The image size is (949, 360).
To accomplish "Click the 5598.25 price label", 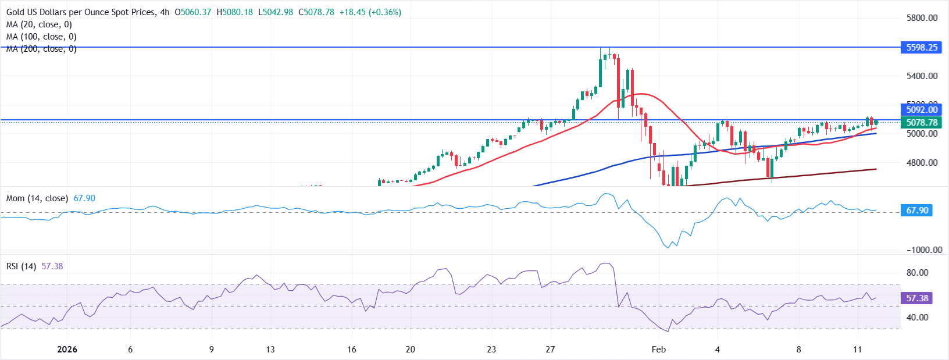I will point(922,48).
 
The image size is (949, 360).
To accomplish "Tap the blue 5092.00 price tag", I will point(922,110).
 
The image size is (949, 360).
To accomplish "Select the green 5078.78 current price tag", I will point(922,123).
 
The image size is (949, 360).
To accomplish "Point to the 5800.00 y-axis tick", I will point(922,18).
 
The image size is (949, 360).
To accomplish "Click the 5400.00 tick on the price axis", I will point(922,76).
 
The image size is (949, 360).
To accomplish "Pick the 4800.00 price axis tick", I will point(922,163).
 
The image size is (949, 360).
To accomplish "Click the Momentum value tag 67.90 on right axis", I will point(917,211).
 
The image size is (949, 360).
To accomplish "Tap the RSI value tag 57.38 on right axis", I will point(917,298).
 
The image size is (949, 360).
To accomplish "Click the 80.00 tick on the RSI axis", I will point(917,273).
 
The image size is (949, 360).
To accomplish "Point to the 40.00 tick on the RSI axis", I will point(917,318).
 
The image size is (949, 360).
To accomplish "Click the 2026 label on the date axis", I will point(67,350).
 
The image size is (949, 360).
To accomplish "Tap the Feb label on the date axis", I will point(658,350).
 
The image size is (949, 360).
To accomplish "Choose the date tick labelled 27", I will point(550,350).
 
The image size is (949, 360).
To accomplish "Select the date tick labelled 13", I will point(270,350).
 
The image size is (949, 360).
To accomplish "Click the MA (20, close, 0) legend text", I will point(39,24).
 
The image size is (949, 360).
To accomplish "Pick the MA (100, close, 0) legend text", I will point(41,37).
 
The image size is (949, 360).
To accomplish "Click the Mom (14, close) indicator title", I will point(37,198).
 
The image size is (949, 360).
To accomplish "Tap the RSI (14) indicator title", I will point(21,266).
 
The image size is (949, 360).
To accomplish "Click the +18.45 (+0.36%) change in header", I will point(370,12).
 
